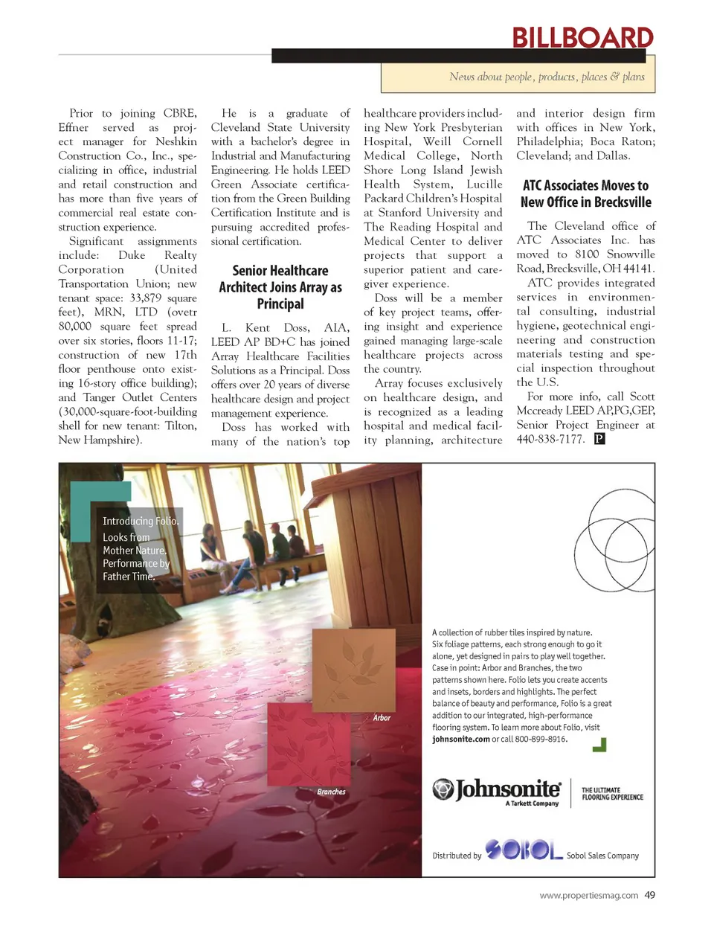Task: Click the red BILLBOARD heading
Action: [x=582, y=37]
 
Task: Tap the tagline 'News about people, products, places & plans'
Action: [x=547, y=77]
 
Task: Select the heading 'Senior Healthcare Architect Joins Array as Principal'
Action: [x=280, y=287]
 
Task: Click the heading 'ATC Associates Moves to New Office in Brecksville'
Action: [x=585, y=193]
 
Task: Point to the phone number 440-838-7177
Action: [x=550, y=439]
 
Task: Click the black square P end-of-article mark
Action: [x=599, y=439]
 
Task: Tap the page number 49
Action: [x=649, y=895]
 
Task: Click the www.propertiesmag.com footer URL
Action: [x=588, y=896]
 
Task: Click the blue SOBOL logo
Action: [x=524, y=850]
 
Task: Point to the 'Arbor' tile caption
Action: [x=382, y=718]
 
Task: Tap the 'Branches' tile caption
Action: [x=331, y=792]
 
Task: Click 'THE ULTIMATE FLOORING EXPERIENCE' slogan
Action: [x=611, y=794]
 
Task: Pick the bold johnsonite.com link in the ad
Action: [x=461, y=740]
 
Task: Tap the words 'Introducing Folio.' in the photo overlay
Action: [x=140, y=521]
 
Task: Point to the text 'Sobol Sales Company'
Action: [x=602, y=856]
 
